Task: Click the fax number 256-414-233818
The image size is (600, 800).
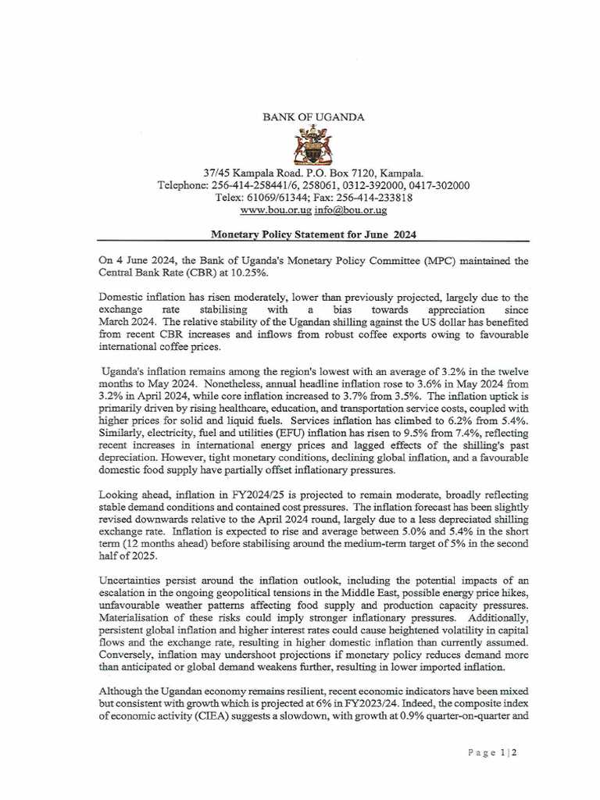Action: pos(378,198)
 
